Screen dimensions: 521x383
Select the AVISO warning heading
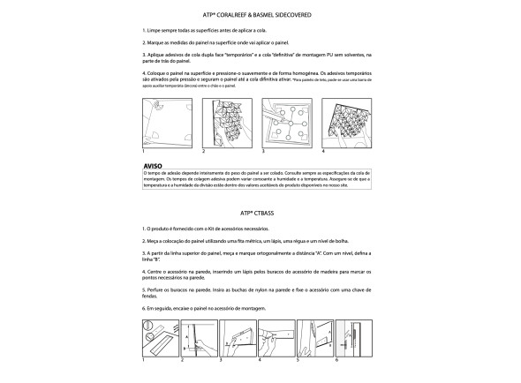[153, 165]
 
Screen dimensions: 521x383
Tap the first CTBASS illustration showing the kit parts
[158, 339]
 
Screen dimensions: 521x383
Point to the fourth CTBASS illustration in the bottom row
[276, 339]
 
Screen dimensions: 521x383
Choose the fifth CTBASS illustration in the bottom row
[314, 339]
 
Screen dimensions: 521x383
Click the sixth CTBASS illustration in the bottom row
[353, 339]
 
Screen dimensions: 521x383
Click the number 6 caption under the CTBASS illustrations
[336, 361]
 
